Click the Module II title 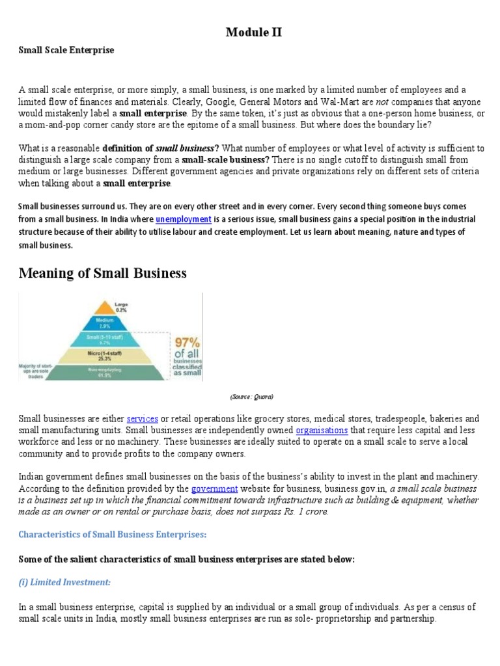pyautogui.click(x=254, y=32)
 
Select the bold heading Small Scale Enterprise pyautogui.click(x=66, y=50)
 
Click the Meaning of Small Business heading pyautogui.click(x=102, y=273)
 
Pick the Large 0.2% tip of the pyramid pyautogui.click(x=121, y=306)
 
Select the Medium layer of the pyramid pyautogui.click(x=121, y=323)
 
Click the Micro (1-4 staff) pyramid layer pyautogui.click(x=121, y=355)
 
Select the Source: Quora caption pyautogui.click(x=251, y=396)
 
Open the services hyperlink pyautogui.click(x=143, y=419)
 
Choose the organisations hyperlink pyautogui.click(x=322, y=431)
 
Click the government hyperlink pyautogui.click(x=214, y=488)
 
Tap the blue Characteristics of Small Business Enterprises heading pyautogui.click(x=112, y=535)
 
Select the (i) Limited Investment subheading pyautogui.click(x=64, y=582)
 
